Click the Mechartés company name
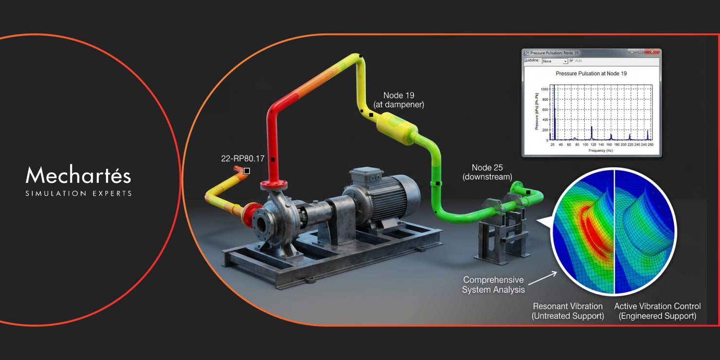(x=78, y=176)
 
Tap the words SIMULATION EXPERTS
(x=78, y=194)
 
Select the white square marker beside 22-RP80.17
(x=247, y=171)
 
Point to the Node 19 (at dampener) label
(x=398, y=100)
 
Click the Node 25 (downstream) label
(x=487, y=172)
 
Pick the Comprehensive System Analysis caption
(x=493, y=285)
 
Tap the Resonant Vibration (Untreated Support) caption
(x=568, y=311)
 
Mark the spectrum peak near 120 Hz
(x=592, y=131)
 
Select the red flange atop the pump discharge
(x=273, y=184)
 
